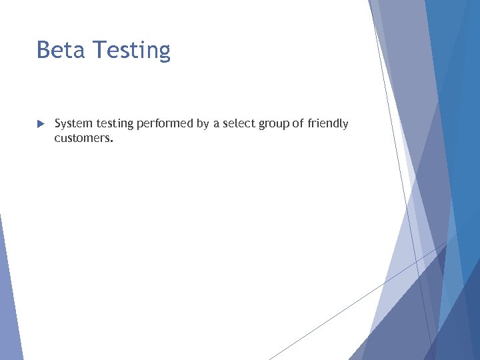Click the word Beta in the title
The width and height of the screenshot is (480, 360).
(61, 50)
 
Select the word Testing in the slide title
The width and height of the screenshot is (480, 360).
(132, 51)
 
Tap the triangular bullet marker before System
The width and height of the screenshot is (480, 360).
(40, 124)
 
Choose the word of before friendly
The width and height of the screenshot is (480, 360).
(297, 124)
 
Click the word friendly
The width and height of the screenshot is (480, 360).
(328, 124)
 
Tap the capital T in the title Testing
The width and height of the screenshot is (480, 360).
(99, 50)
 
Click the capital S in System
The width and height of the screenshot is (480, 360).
(58, 124)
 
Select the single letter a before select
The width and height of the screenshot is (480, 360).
(217, 125)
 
